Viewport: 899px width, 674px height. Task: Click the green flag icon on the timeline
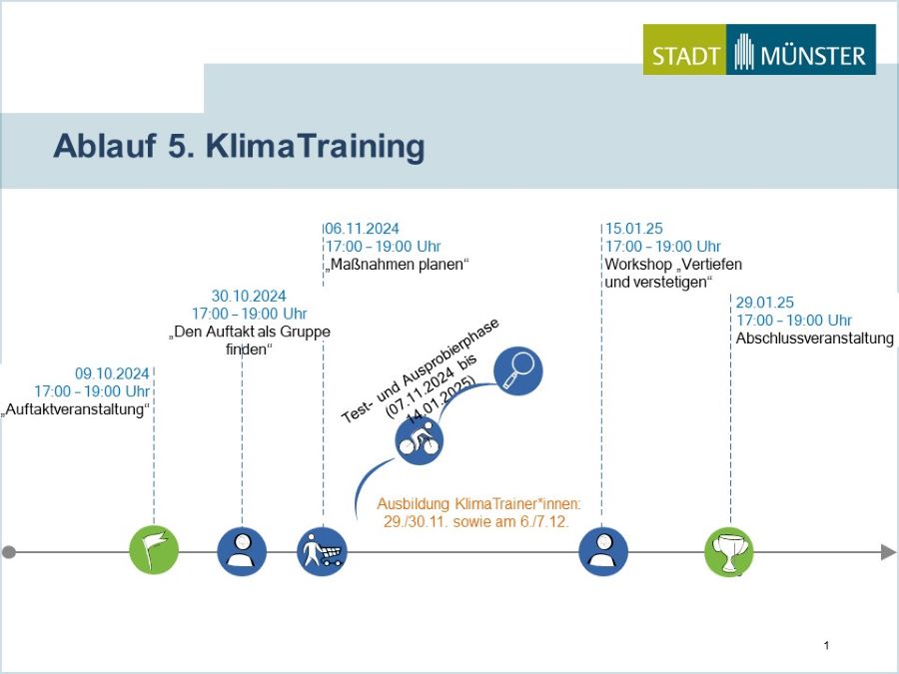[x=154, y=550]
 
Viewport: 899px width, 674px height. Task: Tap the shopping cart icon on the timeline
[x=323, y=551]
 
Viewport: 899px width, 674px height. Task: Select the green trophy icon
[x=729, y=552]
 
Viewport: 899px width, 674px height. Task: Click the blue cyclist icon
[x=420, y=440]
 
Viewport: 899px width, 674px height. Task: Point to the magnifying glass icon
[x=517, y=370]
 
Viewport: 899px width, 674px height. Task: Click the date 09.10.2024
[x=112, y=373]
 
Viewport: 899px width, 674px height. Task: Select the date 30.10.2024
[x=249, y=296]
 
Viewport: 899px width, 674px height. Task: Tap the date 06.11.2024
[x=362, y=229]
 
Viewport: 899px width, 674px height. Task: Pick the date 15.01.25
[x=634, y=229]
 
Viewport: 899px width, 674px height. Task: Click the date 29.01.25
[x=765, y=303]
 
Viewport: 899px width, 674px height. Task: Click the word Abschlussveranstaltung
[x=815, y=338]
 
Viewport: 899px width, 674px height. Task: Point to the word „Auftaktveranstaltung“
[x=75, y=409]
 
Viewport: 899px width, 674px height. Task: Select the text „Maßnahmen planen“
[x=398, y=265]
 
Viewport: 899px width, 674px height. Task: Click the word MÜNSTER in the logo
[x=813, y=56]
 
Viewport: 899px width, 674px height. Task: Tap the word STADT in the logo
[x=685, y=56]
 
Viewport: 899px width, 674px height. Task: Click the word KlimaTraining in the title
[x=316, y=146]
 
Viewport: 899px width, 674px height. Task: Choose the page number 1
[x=826, y=645]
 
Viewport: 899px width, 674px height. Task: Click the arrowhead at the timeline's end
[x=888, y=552]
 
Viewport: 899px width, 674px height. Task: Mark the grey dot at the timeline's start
[x=9, y=552]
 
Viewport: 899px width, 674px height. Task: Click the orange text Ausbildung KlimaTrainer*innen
[x=478, y=504]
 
